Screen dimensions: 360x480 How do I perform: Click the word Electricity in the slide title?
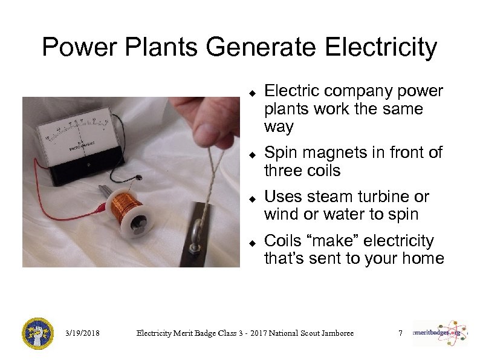(381, 47)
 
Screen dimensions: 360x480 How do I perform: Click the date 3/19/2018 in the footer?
(82, 333)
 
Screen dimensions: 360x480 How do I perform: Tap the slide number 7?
(400, 333)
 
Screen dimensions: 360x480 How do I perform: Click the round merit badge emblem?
(38, 333)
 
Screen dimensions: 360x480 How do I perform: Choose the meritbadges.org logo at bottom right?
(440, 333)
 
